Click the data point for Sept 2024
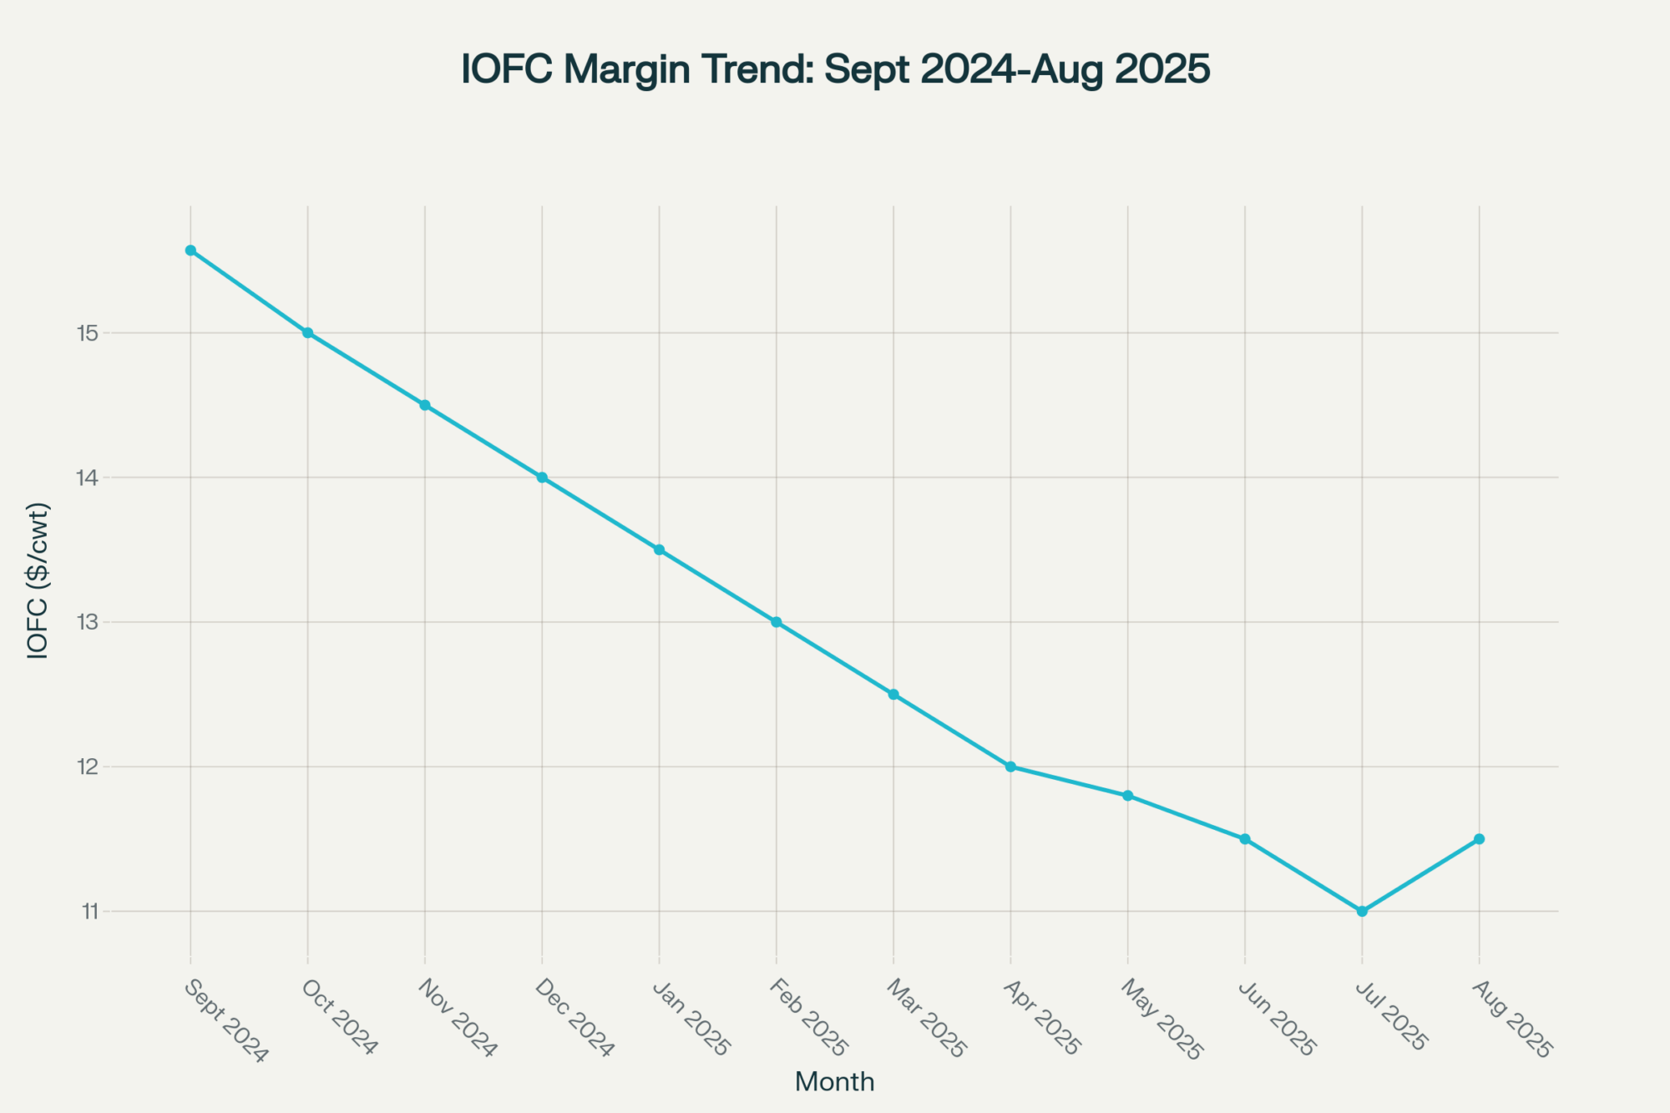click(x=190, y=250)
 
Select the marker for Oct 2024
click(x=308, y=333)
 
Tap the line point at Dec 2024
click(x=542, y=478)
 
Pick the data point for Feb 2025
click(x=777, y=622)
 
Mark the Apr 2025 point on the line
click(x=1010, y=766)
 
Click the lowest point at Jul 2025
click(x=1362, y=911)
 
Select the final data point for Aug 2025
click(x=1479, y=838)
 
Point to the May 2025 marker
click(x=1128, y=796)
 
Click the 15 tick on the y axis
click(x=88, y=333)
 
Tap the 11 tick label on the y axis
click(x=89, y=911)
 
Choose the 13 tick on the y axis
click(x=88, y=622)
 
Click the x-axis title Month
click(x=834, y=1082)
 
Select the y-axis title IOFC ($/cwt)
click(x=38, y=581)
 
